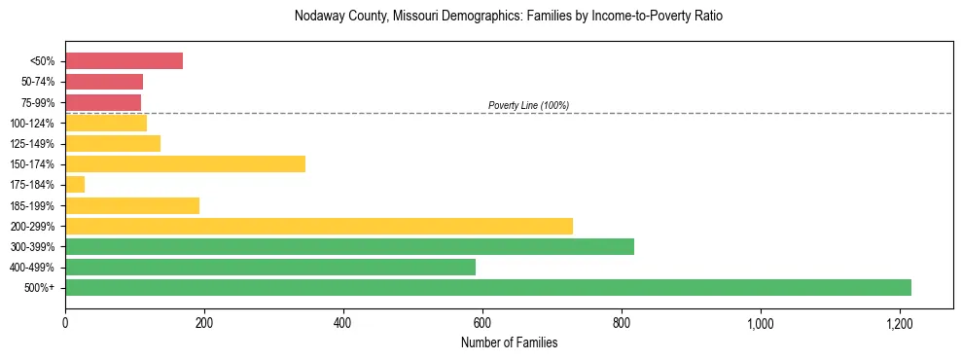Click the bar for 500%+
488,288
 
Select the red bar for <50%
125,61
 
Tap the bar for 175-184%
75,185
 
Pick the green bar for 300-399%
350,247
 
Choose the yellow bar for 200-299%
319,227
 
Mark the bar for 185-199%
132,205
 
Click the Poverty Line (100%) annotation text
528,105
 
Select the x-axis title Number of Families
509,342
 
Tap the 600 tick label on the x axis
481,322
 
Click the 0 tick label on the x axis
65,322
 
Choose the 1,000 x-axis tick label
760,322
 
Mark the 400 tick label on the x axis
342,322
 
